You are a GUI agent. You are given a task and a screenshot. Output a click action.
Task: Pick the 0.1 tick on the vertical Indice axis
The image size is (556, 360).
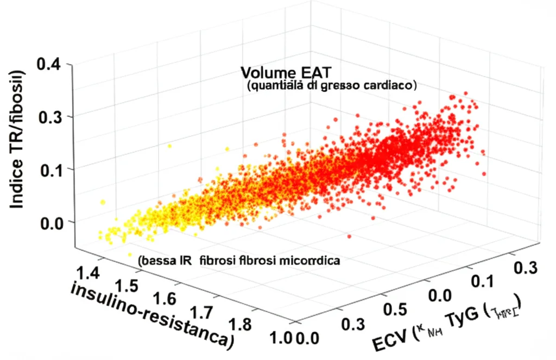pos(50,169)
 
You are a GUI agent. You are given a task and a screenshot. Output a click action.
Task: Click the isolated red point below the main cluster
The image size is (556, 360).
pos(349,236)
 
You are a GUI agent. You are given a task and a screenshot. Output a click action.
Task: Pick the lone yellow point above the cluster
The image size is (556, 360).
pos(169,146)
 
